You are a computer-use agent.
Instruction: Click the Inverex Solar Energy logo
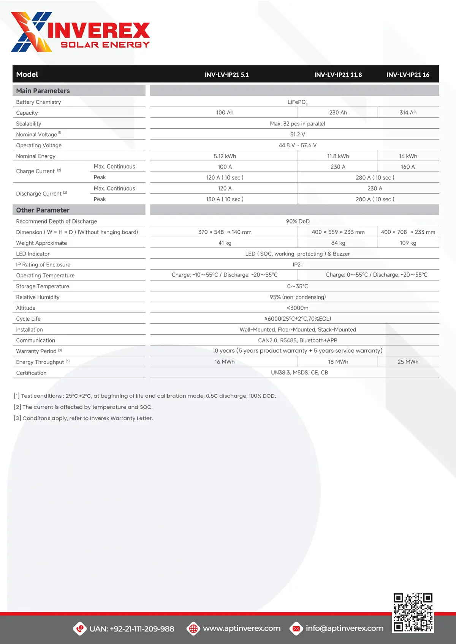[x=81, y=32]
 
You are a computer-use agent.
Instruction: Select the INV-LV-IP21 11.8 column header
[x=338, y=75]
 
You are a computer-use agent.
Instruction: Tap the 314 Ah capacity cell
[x=408, y=113]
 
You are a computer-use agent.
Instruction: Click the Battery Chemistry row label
[x=38, y=102]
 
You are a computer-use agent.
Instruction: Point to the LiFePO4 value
[x=297, y=102]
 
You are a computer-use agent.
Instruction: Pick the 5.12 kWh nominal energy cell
[x=225, y=156]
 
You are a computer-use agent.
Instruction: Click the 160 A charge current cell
[x=408, y=167]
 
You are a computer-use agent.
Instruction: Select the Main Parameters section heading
[x=43, y=91]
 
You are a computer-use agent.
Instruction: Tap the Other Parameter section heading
[x=43, y=210]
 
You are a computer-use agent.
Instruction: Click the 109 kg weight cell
[x=408, y=243]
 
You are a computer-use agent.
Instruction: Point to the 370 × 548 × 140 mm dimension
[x=225, y=232]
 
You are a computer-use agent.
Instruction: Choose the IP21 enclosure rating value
[x=298, y=265]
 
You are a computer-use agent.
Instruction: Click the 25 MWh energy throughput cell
[x=408, y=362]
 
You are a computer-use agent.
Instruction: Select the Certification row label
[x=31, y=373]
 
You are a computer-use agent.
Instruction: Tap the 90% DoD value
[x=298, y=221]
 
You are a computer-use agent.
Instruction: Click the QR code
[x=413, y=613]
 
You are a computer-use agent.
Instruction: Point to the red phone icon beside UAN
[x=80, y=628]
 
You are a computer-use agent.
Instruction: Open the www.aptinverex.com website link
[x=242, y=628]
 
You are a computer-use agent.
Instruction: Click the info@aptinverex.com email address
[x=344, y=628]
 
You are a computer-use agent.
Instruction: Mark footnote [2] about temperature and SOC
[x=83, y=407]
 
